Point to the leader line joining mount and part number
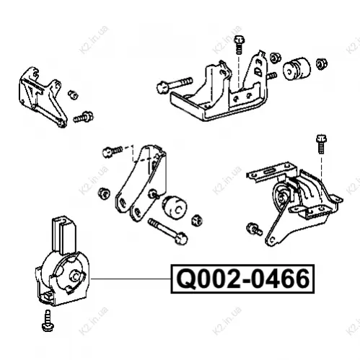pos(131,279)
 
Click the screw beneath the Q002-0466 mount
pos(48,320)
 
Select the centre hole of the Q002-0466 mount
pos(75,276)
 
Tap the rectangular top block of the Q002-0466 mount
pos(64,234)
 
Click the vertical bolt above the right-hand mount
pos(321,144)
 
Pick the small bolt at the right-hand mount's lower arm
pos(255,229)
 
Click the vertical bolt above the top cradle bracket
pos(239,45)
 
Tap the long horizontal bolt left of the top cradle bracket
pos(175,84)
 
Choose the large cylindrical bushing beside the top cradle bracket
pos(297,69)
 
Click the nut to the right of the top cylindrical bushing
pos(321,63)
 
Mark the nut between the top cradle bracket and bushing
pos(276,58)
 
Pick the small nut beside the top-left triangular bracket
pos(73,95)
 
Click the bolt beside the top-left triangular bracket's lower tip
pos(83,117)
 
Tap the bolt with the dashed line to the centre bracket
pos(113,152)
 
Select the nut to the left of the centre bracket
pos(104,193)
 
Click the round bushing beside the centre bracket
pos(175,207)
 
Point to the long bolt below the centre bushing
pos(167,231)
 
